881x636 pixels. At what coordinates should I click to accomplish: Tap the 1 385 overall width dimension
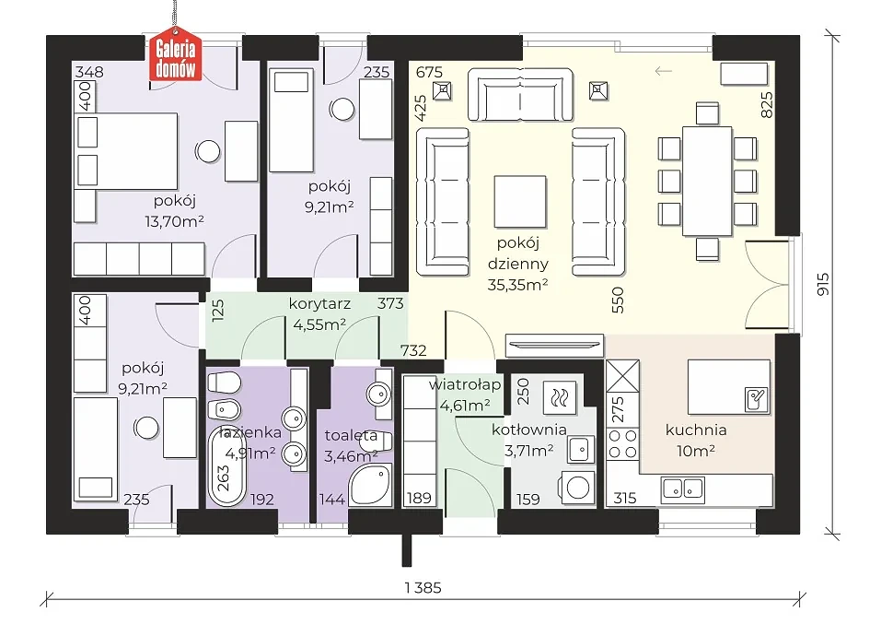(423, 588)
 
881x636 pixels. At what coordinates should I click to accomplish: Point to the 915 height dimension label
(822, 285)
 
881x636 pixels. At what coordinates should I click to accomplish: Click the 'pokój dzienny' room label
(518, 253)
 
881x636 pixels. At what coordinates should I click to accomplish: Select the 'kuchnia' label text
(696, 430)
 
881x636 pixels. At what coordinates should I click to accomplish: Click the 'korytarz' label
(319, 303)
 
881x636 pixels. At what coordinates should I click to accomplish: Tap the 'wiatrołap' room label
(465, 385)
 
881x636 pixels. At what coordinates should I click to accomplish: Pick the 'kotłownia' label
(528, 430)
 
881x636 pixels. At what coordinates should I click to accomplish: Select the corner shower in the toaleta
(371, 485)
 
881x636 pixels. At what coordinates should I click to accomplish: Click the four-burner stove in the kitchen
(622, 443)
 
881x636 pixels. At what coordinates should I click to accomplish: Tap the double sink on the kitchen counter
(683, 489)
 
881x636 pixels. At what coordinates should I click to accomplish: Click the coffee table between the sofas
(520, 201)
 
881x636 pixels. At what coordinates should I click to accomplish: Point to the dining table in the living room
(707, 181)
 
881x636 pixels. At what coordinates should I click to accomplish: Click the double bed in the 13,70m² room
(126, 151)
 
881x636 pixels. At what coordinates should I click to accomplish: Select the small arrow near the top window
(664, 71)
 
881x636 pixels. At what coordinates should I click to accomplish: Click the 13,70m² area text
(174, 221)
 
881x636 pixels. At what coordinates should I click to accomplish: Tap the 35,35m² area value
(518, 285)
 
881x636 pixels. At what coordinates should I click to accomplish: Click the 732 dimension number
(413, 350)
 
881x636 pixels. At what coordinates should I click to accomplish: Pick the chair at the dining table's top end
(707, 113)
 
